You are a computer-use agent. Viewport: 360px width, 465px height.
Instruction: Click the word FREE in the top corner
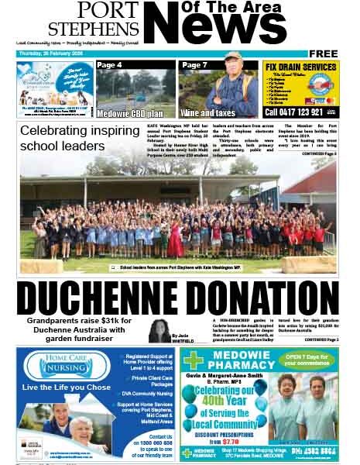click(x=323, y=53)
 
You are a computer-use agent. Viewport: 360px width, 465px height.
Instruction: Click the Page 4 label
click(x=110, y=65)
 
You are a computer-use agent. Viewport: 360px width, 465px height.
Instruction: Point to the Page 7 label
click(x=195, y=65)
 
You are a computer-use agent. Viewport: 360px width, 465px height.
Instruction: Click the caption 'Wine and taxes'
click(x=206, y=111)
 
